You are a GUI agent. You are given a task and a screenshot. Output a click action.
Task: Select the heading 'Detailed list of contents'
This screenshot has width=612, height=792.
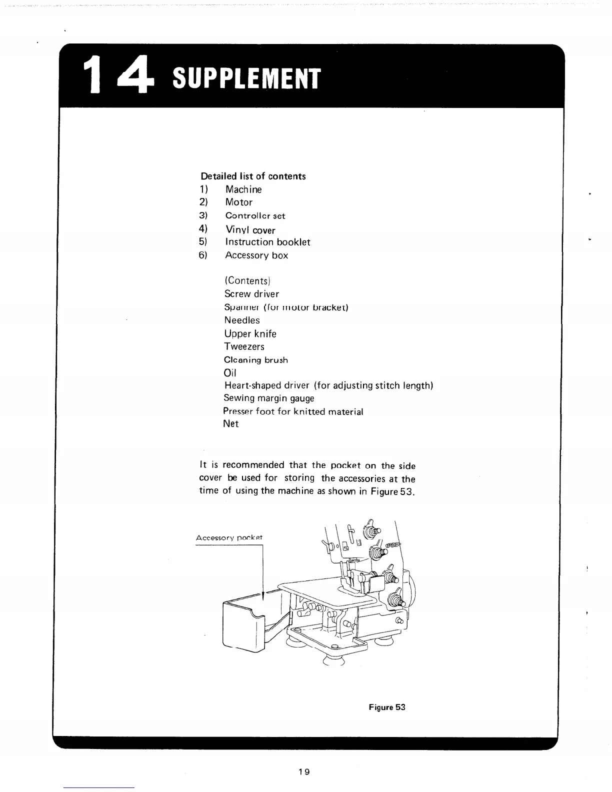[253, 176]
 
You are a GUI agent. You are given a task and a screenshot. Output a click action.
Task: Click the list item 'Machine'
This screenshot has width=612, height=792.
[243, 189]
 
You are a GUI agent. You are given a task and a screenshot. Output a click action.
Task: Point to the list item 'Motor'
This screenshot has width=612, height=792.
[238, 202]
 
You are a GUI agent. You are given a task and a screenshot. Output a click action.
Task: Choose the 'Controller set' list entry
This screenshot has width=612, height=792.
[255, 216]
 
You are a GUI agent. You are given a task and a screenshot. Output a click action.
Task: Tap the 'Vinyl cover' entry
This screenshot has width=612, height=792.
[250, 230]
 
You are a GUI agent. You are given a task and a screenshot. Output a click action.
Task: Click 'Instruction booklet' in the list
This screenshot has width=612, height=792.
[267, 242]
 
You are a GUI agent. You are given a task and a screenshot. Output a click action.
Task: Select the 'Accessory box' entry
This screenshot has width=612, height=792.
[256, 255]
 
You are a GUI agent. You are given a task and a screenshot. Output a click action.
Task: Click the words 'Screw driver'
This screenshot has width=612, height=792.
[251, 294]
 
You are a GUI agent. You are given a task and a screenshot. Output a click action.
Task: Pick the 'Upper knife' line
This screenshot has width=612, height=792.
[250, 333]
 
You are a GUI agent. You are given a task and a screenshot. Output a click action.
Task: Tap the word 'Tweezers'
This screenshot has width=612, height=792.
[244, 346]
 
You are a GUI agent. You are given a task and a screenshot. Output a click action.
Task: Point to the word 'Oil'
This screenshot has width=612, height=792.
[230, 373]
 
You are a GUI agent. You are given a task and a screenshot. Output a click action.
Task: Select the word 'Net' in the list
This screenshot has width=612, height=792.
[231, 423]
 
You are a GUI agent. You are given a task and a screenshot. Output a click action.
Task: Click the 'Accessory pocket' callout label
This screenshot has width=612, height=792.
[229, 538]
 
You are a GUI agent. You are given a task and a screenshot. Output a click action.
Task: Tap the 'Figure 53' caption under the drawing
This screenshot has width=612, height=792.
[387, 707]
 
